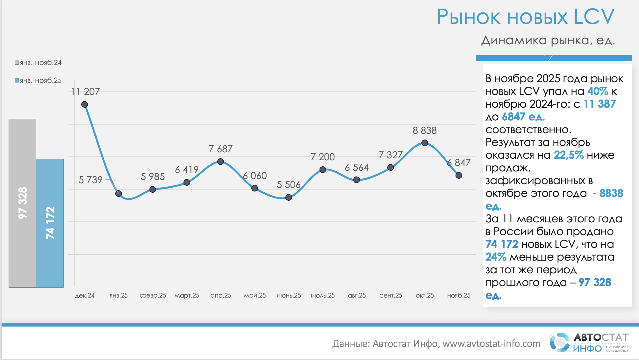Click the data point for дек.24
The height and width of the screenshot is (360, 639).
click(84, 104)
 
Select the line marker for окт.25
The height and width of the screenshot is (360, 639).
click(425, 143)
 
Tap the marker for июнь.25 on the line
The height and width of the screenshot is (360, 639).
click(289, 198)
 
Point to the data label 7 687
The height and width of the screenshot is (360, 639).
click(220, 149)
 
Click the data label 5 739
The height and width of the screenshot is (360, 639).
click(90, 180)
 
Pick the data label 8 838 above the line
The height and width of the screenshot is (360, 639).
click(425, 131)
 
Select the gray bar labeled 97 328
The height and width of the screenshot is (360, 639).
click(22, 203)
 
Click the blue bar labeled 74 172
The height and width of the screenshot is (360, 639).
click(50, 223)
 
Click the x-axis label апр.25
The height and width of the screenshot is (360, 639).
click(221, 295)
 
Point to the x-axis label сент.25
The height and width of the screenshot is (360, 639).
click(391, 295)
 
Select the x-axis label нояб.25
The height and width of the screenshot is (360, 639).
click(459, 295)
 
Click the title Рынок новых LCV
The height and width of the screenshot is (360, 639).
click(525, 17)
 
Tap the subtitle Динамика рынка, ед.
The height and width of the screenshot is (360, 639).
click(548, 40)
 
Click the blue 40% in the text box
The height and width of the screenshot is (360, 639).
click(598, 91)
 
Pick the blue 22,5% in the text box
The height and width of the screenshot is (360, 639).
click(569, 155)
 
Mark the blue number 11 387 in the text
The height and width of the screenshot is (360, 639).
click(600, 104)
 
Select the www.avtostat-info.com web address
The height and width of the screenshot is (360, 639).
click(492, 344)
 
